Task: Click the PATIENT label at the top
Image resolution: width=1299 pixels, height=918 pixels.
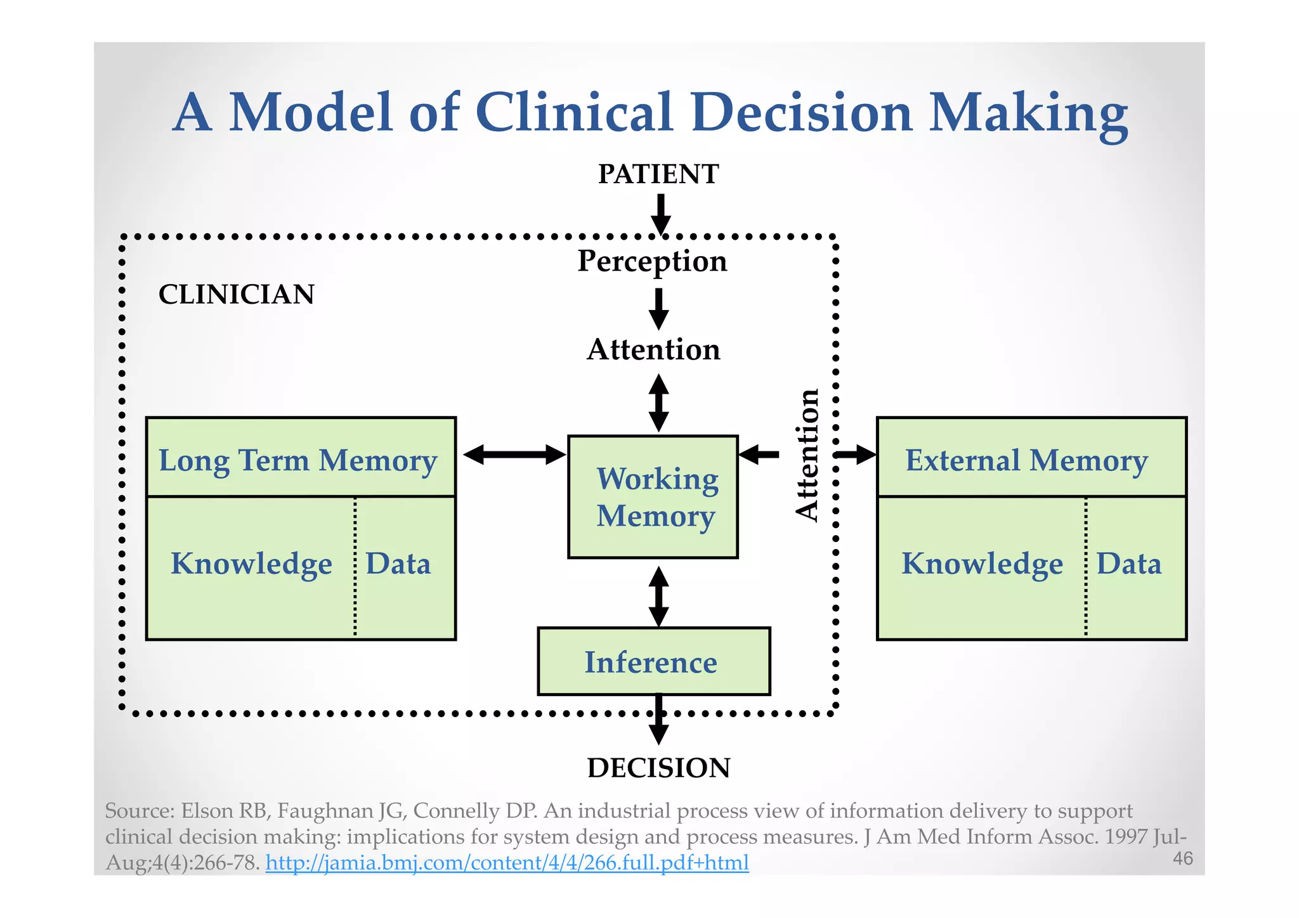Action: pyautogui.click(x=658, y=174)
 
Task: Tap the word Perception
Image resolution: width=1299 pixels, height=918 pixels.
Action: pyautogui.click(x=652, y=261)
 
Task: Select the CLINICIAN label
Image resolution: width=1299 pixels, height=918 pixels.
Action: pyautogui.click(x=236, y=294)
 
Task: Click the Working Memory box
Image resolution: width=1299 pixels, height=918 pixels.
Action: pyautogui.click(x=653, y=497)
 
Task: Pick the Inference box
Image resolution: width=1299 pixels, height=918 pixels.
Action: pyautogui.click(x=653, y=662)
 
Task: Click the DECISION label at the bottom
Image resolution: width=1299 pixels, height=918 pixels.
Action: pyautogui.click(x=658, y=768)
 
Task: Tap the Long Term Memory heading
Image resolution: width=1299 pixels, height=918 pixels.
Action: pyautogui.click(x=298, y=460)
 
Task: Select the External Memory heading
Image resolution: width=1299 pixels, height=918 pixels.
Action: pyautogui.click(x=1026, y=460)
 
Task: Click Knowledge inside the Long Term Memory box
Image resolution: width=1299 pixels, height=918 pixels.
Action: pyautogui.click(x=251, y=563)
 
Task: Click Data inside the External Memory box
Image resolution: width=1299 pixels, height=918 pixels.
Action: pyautogui.click(x=1129, y=563)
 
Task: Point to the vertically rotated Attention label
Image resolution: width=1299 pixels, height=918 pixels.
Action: pyautogui.click(x=807, y=455)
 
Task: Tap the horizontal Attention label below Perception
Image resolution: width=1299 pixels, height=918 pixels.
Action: pyautogui.click(x=653, y=349)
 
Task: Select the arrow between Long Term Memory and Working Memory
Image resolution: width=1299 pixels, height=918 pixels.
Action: pyautogui.click(x=514, y=454)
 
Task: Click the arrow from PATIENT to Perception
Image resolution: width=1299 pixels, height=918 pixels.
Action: pyautogui.click(x=660, y=214)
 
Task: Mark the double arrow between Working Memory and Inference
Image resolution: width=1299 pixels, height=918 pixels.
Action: pyautogui.click(x=659, y=596)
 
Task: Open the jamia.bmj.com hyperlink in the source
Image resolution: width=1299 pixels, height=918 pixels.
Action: pyautogui.click(x=507, y=862)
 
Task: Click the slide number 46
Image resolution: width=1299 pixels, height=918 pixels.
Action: pyautogui.click(x=1183, y=858)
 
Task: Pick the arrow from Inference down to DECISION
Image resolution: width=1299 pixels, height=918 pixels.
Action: pyautogui.click(x=659, y=721)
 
